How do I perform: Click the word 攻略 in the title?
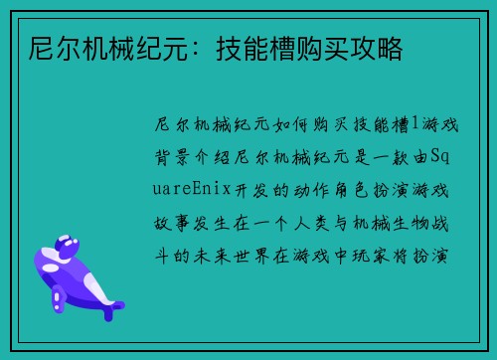[x=377, y=47]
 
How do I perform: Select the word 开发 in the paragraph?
[x=250, y=188]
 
